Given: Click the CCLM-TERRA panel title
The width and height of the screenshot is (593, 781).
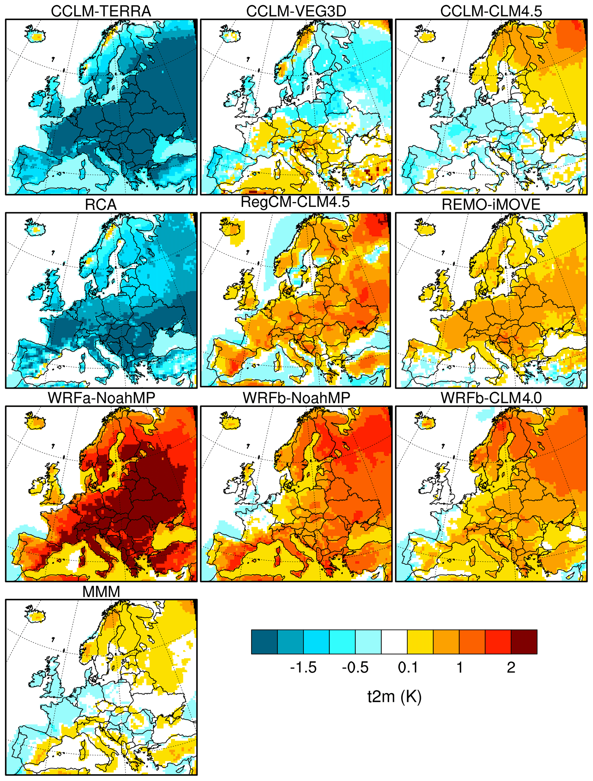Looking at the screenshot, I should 101,11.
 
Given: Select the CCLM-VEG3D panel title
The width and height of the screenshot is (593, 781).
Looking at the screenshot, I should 296,11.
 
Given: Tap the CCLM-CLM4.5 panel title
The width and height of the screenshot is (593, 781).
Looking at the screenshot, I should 491,11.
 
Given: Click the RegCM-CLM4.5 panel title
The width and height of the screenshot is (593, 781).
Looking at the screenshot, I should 295,202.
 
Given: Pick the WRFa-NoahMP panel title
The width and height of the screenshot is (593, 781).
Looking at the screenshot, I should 101,398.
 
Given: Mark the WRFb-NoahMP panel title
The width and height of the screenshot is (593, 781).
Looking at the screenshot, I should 296,398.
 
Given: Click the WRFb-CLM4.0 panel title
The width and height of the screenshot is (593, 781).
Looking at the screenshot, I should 491,398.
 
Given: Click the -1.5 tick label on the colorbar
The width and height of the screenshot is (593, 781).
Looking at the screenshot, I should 303,667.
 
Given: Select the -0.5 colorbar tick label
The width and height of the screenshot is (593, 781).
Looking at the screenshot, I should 355,667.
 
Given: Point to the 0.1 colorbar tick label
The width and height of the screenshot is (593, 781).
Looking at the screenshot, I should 407,667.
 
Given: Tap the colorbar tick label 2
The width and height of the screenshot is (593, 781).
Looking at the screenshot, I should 511,667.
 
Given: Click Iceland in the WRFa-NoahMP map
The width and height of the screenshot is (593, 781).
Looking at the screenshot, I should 35,422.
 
